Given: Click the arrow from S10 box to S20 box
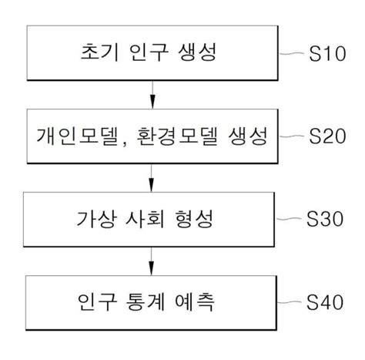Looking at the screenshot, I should click(152, 96).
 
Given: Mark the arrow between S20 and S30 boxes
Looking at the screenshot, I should click(152, 178).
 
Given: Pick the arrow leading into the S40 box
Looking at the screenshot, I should click(152, 260).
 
